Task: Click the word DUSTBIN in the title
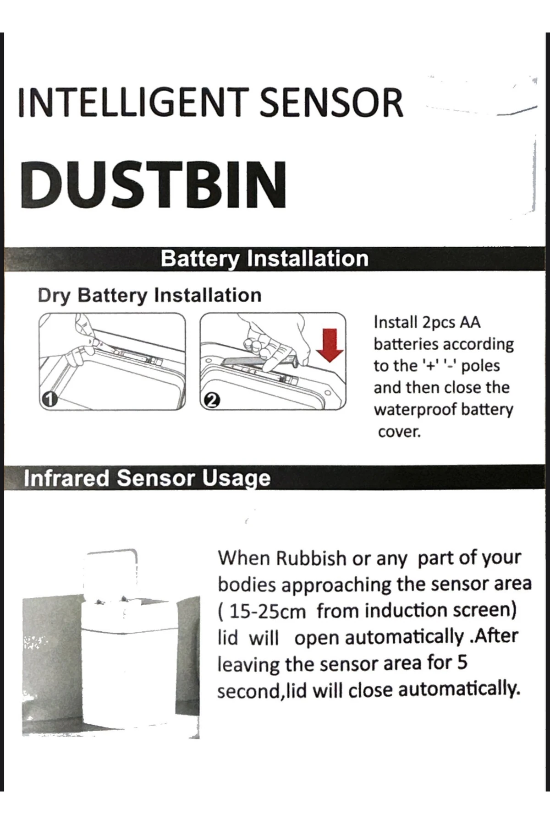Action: point(153,185)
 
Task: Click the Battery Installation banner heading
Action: point(264,259)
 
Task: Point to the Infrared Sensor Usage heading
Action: point(147,478)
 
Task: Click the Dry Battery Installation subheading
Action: point(149,295)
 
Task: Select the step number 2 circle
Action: point(211,401)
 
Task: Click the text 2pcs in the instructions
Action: point(439,323)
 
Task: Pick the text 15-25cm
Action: point(267,611)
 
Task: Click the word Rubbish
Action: point(311,558)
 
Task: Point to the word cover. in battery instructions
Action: point(399,432)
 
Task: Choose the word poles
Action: point(480,366)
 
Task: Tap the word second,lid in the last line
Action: point(262,690)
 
